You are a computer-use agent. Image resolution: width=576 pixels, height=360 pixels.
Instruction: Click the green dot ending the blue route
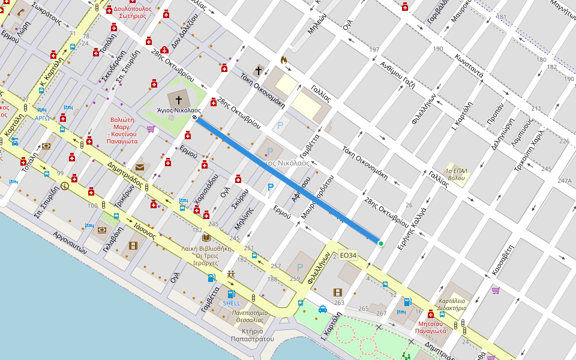[x=380, y=243]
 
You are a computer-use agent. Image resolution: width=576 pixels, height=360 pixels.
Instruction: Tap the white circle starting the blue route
[x=195, y=118]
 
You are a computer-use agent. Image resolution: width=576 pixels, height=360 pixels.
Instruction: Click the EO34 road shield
[x=348, y=256]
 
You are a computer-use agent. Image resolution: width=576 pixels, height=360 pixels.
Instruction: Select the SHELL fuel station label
[x=231, y=303]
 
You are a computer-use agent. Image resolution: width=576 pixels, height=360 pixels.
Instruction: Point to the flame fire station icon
[x=284, y=60]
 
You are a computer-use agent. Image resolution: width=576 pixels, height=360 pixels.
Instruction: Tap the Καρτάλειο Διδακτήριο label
[x=452, y=304]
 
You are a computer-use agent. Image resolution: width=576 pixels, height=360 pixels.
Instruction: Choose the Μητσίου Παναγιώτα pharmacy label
[x=431, y=327]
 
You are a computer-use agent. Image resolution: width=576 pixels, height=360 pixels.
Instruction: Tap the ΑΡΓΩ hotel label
[x=42, y=118]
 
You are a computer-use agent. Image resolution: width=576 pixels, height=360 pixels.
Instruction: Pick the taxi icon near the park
[x=323, y=309]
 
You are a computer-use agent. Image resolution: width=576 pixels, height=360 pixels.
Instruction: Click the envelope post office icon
[x=140, y=167]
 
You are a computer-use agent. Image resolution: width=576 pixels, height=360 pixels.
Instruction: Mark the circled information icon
[x=65, y=186]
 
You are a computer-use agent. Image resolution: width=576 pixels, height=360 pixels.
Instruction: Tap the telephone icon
[x=20, y=12]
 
